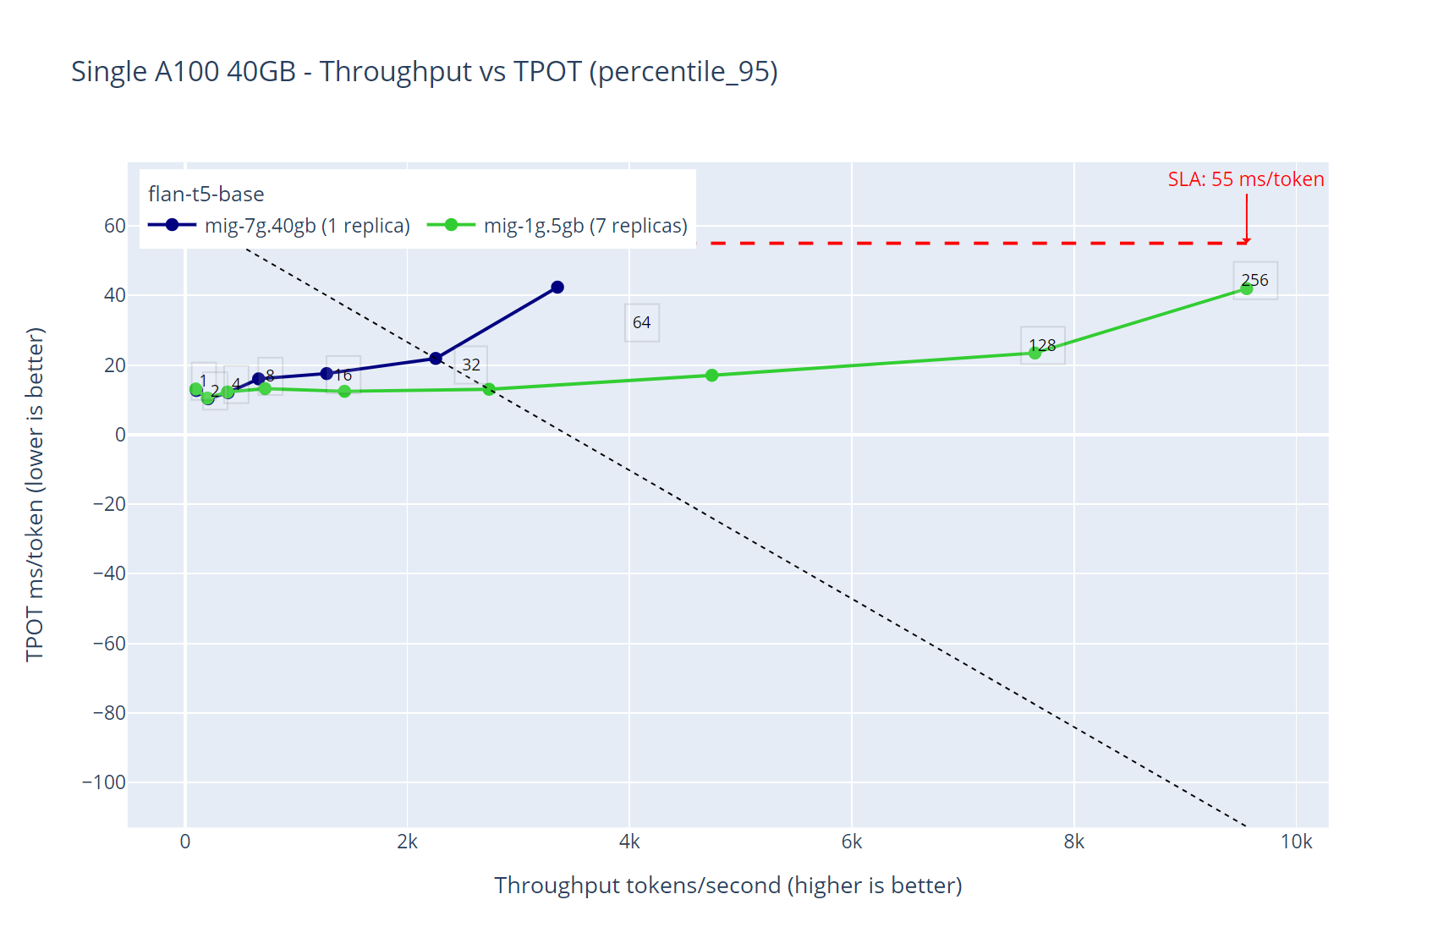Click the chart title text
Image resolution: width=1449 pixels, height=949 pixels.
point(424,72)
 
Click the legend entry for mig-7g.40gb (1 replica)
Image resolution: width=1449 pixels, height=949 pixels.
point(279,226)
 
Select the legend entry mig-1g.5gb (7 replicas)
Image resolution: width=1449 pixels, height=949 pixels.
point(558,226)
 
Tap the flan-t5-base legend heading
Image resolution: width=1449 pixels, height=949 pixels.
point(206,195)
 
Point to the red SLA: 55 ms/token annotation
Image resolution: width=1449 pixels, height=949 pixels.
point(1245,179)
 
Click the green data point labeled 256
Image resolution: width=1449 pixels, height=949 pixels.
point(1246,289)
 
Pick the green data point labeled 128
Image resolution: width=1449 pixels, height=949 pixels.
point(1035,353)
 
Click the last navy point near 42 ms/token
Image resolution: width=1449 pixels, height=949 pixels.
point(557,288)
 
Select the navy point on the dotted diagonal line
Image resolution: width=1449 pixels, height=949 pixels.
point(436,359)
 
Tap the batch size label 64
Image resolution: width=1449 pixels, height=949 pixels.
point(641,322)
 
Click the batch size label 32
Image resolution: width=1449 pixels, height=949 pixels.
point(471,365)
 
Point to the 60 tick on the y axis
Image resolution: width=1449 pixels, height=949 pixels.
point(115,226)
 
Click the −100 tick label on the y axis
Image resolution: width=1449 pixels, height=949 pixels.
point(104,782)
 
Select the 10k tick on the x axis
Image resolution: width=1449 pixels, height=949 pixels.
point(1296,842)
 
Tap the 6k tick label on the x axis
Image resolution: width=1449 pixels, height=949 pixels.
point(851,842)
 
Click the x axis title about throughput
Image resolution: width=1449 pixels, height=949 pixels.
point(728,886)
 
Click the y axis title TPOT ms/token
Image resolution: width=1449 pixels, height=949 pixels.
point(34,495)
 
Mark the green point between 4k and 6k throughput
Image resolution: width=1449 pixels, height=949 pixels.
point(711,376)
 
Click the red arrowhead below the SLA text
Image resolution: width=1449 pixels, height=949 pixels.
point(1246,240)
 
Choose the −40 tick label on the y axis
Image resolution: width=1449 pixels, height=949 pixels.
point(109,573)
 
